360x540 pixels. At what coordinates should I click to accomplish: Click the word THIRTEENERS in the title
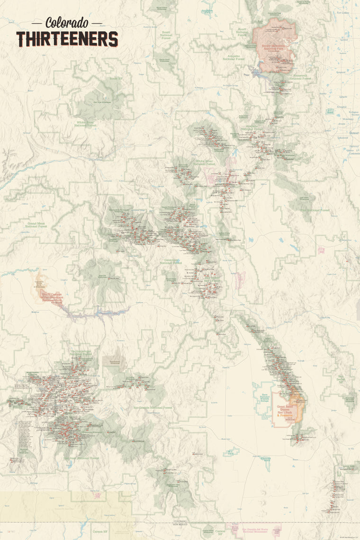[x=67, y=39]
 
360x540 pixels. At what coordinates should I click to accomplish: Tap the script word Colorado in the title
[x=67, y=22]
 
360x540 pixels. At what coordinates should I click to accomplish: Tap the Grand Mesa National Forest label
[x=36, y=225]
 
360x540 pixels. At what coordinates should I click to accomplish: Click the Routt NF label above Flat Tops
[x=116, y=79]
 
